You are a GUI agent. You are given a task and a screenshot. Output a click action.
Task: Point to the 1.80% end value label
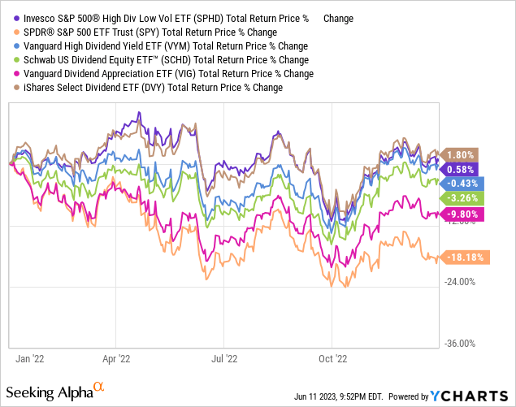coord(461,154)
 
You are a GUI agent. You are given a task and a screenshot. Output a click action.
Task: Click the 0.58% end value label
coord(461,169)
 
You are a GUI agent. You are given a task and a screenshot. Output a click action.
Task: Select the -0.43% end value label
coord(461,184)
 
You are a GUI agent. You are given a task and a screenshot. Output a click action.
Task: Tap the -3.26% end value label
coord(461,198)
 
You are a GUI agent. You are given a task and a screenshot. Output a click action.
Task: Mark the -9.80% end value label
coord(461,214)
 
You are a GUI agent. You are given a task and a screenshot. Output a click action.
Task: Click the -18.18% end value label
coord(463,257)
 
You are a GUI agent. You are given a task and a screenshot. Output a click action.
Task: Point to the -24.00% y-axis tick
coord(460,283)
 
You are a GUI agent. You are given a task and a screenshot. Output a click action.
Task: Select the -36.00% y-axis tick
coord(460,343)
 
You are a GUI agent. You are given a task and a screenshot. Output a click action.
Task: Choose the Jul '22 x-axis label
coord(224,357)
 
